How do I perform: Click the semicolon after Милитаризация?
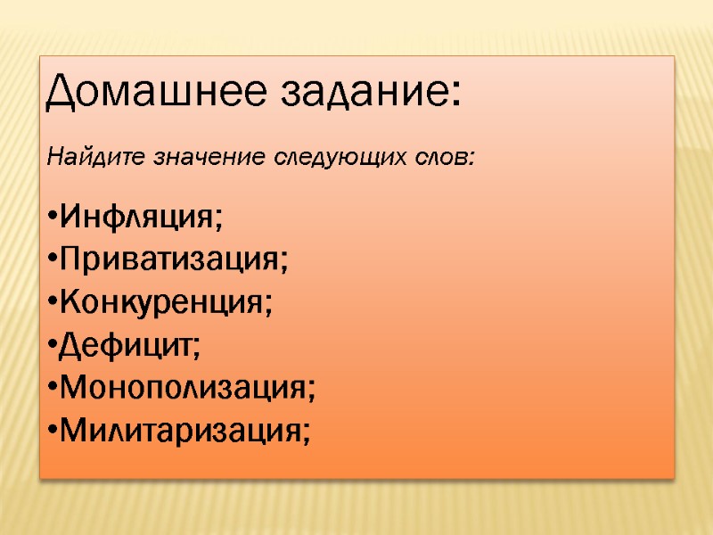tap(307, 435)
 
